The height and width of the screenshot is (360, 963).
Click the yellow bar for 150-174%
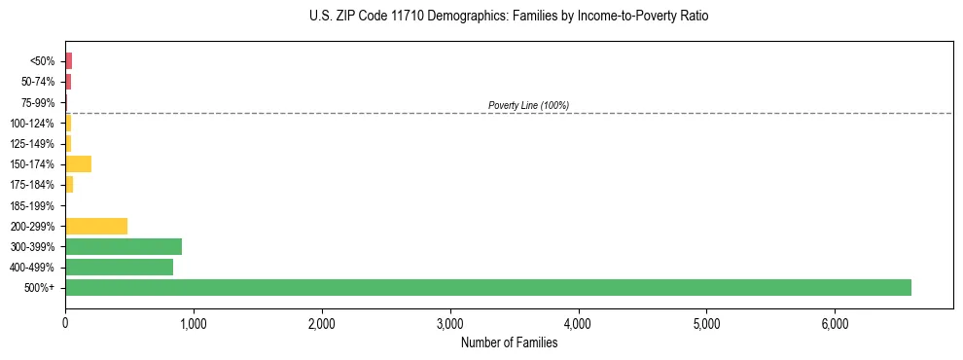(78, 163)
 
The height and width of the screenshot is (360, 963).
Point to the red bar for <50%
(68, 61)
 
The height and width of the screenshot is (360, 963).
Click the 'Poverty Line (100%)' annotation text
(528, 105)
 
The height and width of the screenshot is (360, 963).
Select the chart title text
(510, 17)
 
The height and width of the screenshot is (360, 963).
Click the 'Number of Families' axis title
(509, 342)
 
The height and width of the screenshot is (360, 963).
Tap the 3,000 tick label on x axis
(450, 323)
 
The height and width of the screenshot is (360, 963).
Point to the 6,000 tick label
(836, 323)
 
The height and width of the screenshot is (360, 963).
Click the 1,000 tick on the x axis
(194, 323)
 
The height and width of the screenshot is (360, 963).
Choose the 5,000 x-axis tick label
(707, 323)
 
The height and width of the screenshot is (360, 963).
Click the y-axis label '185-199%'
(34, 205)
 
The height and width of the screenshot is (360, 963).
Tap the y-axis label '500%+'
(42, 288)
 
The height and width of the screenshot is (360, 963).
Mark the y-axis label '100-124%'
(34, 124)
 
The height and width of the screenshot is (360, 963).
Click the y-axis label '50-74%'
(37, 82)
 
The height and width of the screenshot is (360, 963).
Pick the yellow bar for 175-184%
(69, 185)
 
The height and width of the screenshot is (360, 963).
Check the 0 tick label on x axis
(65, 323)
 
